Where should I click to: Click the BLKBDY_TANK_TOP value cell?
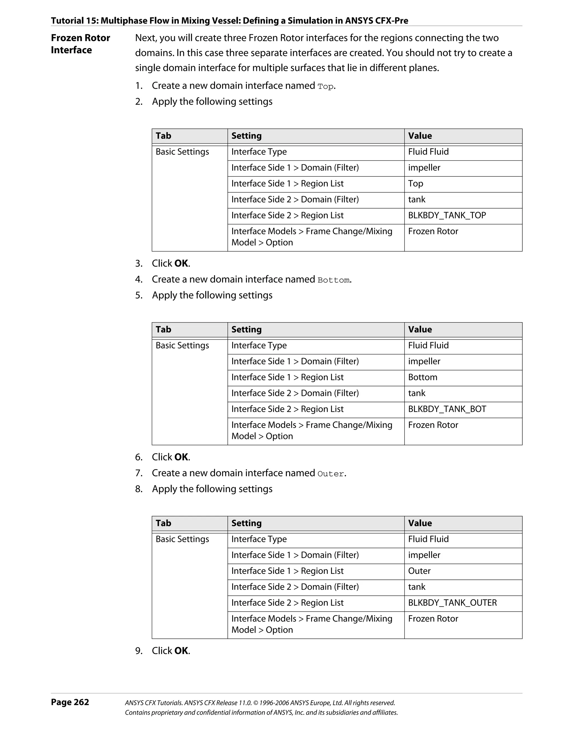coord(447,216)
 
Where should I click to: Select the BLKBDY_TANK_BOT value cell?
coord(447,409)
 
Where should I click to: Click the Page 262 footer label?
coord(70,702)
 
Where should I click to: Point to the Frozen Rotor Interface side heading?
coord(80,44)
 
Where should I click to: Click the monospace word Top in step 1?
coord(325,87)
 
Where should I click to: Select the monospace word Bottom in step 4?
coord(333,280)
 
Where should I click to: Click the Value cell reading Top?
coord(416,184)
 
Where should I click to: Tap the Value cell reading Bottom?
coord(422,377)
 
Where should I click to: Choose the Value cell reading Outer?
coord(419,571)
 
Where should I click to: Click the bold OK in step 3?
coord(181,263)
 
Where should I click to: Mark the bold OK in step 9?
coord(181,651)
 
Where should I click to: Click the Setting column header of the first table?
coord(246,136)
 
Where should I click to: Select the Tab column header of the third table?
coord(163,523)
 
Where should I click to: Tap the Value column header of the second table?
coord(420,329)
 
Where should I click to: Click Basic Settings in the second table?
coord(182,345)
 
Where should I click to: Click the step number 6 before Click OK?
coord(139,457)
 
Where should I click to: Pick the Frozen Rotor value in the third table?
coord(433,619)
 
